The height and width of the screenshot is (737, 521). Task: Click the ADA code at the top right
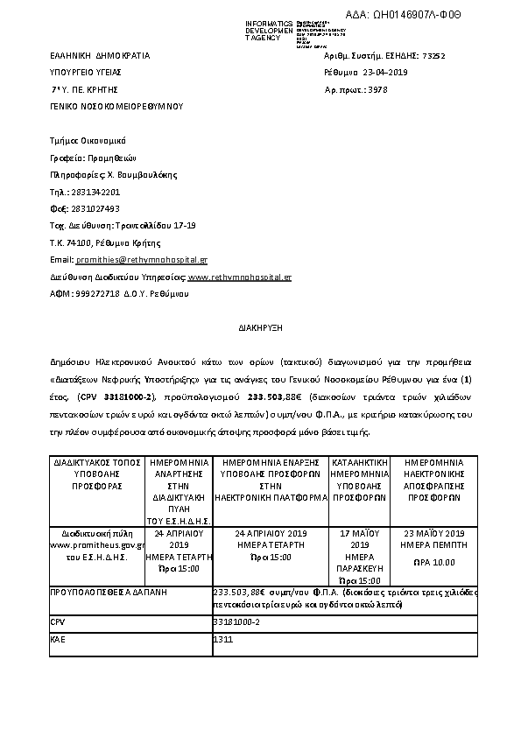point(428,16)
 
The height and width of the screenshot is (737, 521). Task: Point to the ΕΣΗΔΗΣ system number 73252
point(433,55)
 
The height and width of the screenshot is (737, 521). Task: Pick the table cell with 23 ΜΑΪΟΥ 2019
point(433,533)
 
